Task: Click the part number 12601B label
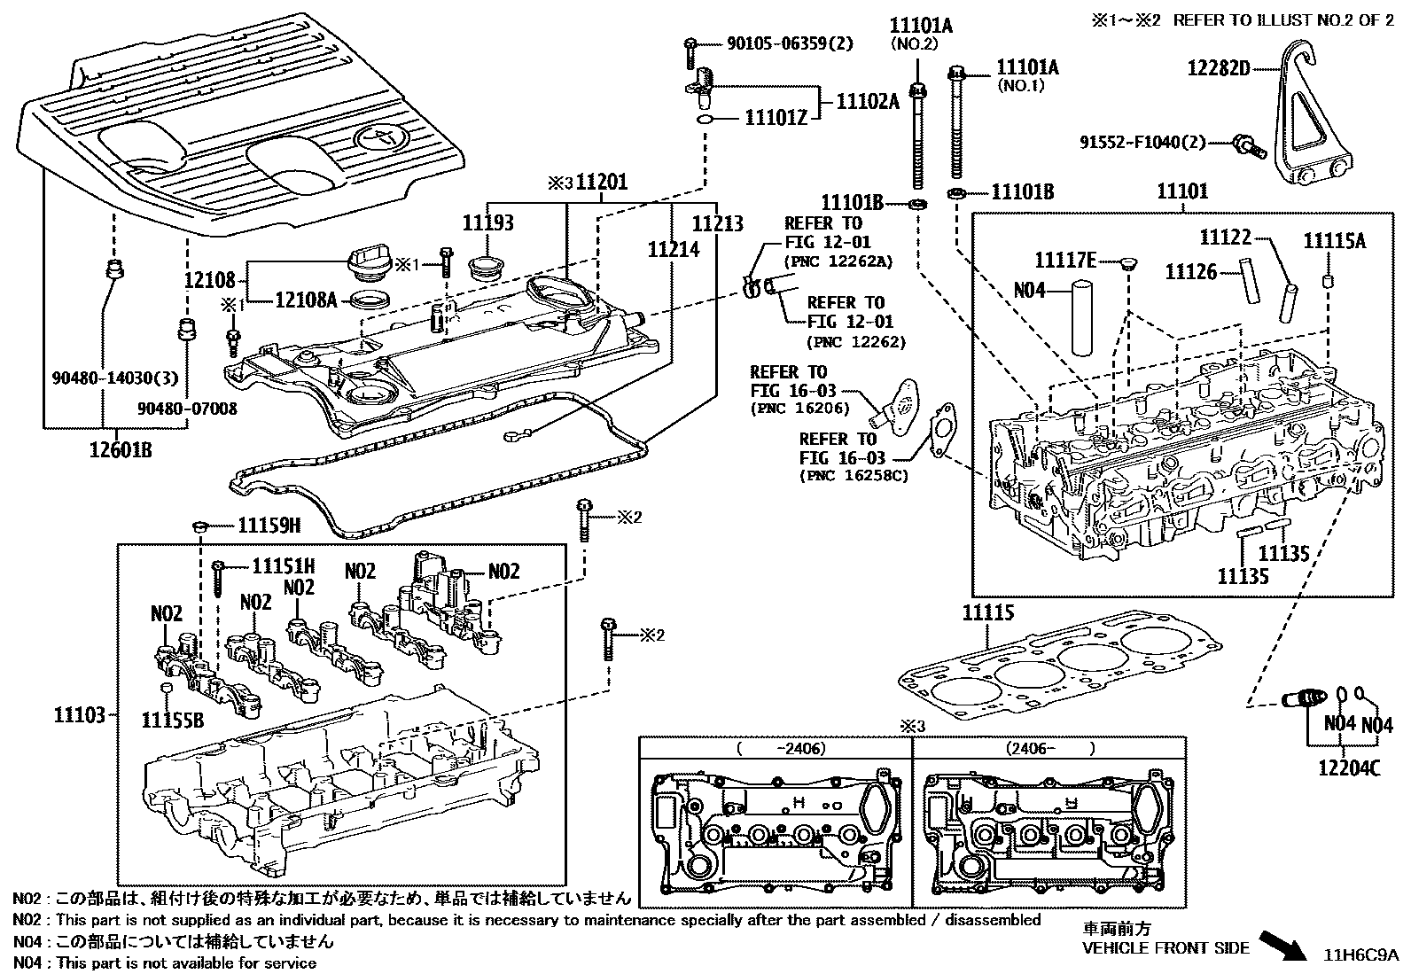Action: click(120, 450)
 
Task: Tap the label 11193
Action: click(487, 223)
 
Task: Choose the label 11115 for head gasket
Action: click(988, 613)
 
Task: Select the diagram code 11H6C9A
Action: click(1360, 955)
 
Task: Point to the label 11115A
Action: click(1334, 241)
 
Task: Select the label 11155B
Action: click(173, 720)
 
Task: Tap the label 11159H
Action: click(269, 526)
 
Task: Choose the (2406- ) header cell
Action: click(1049, 748)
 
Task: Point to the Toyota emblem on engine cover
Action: click(380, 138)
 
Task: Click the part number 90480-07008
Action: click(187, 409)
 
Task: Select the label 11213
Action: click(717, 223)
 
